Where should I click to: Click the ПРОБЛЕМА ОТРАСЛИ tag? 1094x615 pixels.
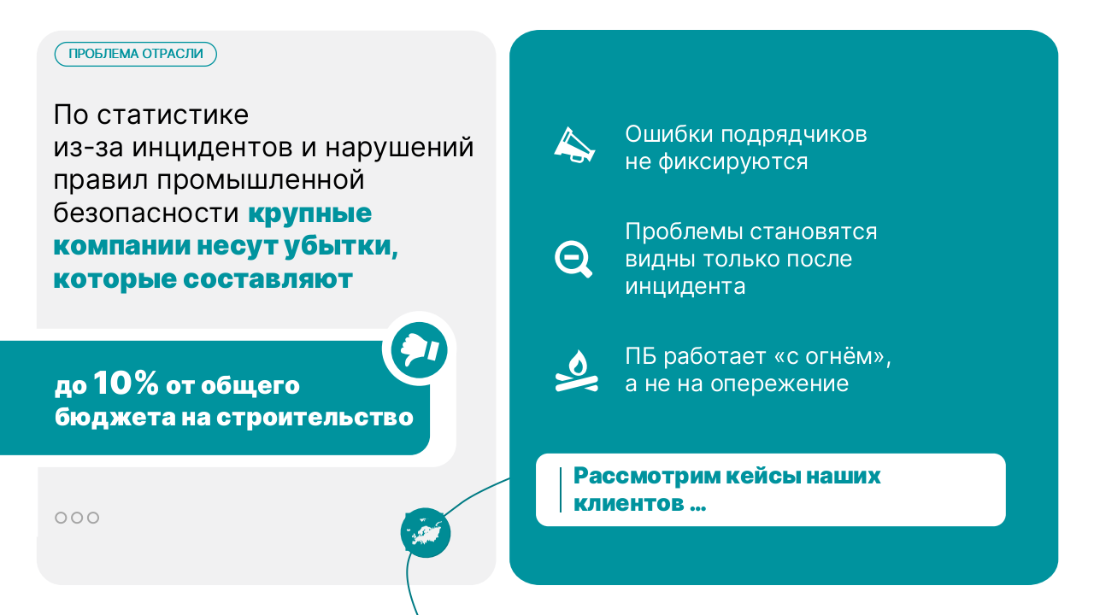pyautogui.click(x=136, y=54)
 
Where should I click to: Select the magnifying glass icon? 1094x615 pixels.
pyautogui.click(x=572, y=259)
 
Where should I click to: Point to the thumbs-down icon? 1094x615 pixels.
pyautogui.click(x=420, y=348)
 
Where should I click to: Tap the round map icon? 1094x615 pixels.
pyautogui.click(x=425, y=533)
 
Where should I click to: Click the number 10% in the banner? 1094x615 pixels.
pyautogui.click(x=126, y=384)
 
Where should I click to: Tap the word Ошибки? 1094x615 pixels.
pyautogui.click(x=669, y=135)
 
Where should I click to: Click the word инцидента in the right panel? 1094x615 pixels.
pyautogui.click(x=685, y=285)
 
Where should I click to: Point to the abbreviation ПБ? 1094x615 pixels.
pyautogui.click(x=641, y=356)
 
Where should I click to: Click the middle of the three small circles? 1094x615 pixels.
pyautogui.click(x=77, y=518)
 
